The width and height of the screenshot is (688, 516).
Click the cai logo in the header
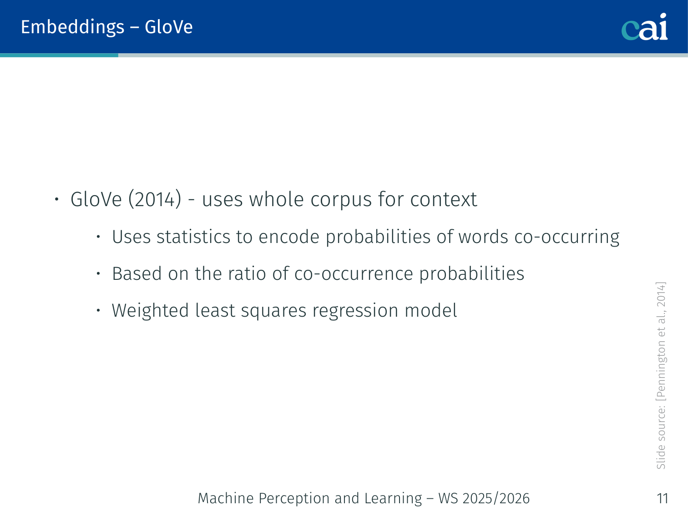tap(644, 27)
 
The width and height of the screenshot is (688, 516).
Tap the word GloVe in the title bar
tap(169, 27)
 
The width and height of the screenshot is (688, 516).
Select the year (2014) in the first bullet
tap(155, 199)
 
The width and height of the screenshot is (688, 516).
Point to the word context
tap(444, 200)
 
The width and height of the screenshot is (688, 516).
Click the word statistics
tap(193, 237)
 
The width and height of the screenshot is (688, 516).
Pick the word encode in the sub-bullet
tap(288, 237)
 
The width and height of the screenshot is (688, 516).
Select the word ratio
tap(246, 273)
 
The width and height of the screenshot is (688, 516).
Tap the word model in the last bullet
tap(430, 310)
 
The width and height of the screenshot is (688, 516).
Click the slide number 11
tap(663, 499)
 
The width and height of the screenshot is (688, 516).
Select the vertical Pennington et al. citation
tap(661, 341)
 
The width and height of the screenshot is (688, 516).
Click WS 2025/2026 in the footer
tap(484, 498)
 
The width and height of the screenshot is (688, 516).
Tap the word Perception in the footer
tap(294, 498)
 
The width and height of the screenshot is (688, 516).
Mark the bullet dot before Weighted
tap(98, 310)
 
